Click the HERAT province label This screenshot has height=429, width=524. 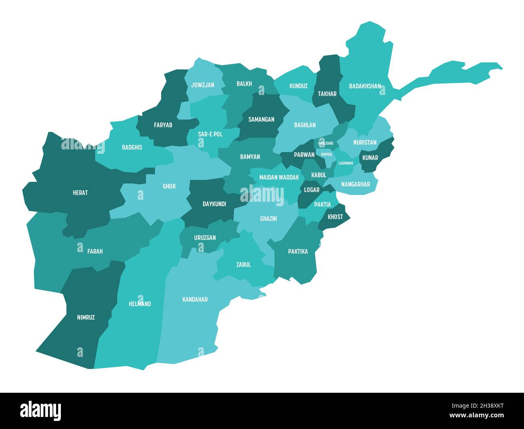(80, 193)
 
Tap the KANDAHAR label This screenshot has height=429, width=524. (195, 299)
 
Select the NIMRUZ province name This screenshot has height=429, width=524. (86, 317)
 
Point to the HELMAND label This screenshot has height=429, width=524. (140, 304)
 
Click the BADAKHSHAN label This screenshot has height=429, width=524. (365, 86)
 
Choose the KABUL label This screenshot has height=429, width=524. (318, 175)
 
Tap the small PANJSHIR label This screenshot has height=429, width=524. (326, 143)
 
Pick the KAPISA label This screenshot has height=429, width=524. (326, 154)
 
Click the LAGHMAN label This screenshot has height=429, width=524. (345, 163)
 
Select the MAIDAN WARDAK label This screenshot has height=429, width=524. (279, 177)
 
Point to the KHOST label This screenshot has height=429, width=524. (335, 217)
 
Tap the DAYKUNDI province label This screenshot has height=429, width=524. (214, 204)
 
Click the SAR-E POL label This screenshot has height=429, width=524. (210, 134)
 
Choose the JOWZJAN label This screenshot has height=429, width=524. (203, 85)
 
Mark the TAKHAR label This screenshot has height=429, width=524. (327, 94)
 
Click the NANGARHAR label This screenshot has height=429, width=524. (356, 184)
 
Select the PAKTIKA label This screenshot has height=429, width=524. (298, 251)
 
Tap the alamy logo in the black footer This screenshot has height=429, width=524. (41, 410)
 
